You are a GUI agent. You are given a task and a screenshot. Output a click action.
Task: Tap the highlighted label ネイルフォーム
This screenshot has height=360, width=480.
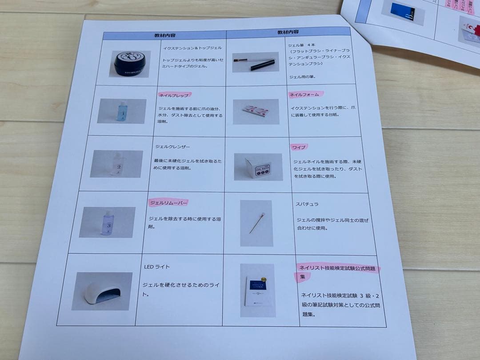pos(306,94)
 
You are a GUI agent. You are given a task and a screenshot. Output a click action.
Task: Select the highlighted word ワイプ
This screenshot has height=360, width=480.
pos(299,147)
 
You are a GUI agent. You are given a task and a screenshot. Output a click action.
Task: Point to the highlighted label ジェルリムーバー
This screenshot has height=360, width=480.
pos(168,203)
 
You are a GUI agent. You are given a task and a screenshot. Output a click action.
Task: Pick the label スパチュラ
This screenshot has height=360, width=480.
pos(307,204)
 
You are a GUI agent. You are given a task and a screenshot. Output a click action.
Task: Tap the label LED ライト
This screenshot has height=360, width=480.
pos(157,267)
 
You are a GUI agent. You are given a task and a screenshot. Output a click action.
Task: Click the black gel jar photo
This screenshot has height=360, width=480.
pos(130,64)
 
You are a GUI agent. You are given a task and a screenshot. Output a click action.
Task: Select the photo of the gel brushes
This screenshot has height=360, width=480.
pos(256,63)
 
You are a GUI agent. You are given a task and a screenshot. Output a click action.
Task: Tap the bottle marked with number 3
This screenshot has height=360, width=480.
pos(108,222)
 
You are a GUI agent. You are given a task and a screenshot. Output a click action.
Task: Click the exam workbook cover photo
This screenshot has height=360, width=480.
pos(258,291)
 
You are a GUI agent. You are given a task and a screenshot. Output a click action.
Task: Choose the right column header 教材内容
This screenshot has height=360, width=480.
pos(288,32)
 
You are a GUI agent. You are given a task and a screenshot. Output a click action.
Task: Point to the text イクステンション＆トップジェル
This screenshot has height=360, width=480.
pos(192,48)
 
